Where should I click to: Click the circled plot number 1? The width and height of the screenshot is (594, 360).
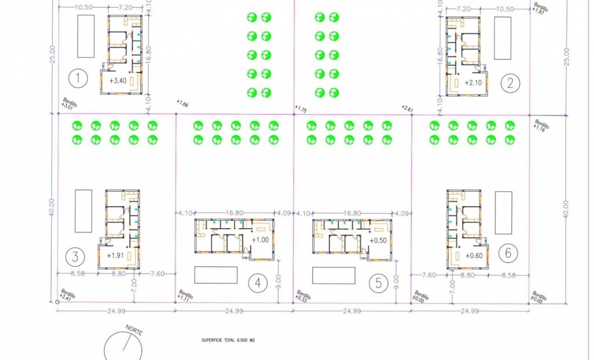pyautogui.click(x=78, y=79)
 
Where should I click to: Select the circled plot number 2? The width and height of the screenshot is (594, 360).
pyautogui.click(x=510, y=82)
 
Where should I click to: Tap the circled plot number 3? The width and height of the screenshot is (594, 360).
pyautogui.click(x=75, y=257)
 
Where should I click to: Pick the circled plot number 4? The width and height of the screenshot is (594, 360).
pyautogui.click(x=258, y=283)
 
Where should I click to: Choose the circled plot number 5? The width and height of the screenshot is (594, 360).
pyautogui.click(x=378, y=283)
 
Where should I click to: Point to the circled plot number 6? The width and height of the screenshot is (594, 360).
pyautogui.click(x=508, y=253)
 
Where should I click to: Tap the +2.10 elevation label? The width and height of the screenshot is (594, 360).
pyautogui.click(x=473, y=82)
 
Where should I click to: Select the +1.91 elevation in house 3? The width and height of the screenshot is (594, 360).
pyautogui.click(x=116, y=255)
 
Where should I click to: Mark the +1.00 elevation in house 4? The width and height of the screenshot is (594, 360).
pyautogui.click(x=260, y=240)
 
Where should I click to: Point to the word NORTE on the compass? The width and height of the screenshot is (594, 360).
pyautogui.click(x=134, y=330)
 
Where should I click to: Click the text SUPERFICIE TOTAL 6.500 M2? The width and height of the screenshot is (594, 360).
pyautogui.click(x=229, y=341)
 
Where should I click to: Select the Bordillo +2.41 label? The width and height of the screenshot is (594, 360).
pyautogui.click(x=67, y=295)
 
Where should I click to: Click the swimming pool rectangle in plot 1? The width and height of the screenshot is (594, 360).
pyautogui.click(x=86, y=36)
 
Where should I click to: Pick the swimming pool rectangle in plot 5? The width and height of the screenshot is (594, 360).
pyautogui.click(x=333, y=275)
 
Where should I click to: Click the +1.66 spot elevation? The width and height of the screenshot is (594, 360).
pyautogui.click(x=182, y=104)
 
